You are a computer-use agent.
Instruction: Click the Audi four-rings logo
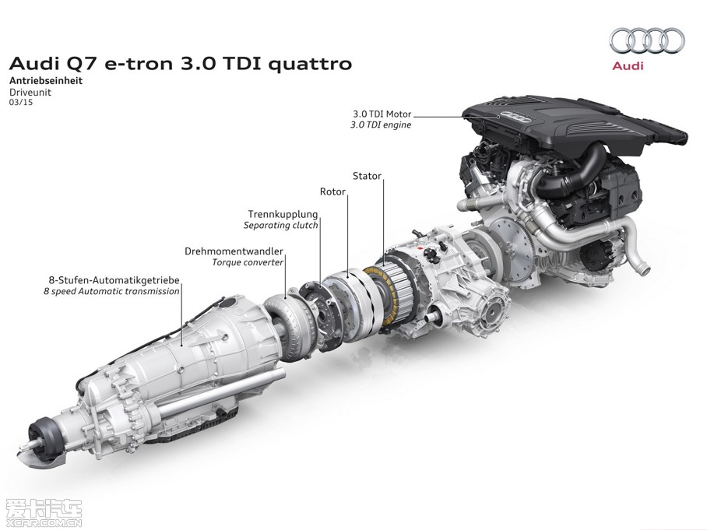(646, 40)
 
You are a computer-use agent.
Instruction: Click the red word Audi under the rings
(628, 66)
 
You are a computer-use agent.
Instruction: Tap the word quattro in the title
(310, 63)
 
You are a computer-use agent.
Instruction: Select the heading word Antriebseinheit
(46, 80)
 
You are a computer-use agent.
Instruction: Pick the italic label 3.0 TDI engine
(381, 124)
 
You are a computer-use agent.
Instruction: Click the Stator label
(367, 176)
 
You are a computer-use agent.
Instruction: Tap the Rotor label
(332, 191)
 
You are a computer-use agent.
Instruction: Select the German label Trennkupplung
(283, 213)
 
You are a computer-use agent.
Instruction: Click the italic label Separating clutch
(281, 225)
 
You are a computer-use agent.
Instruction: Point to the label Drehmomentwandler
(234, 251)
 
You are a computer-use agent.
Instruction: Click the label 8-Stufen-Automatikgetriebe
(112, 279)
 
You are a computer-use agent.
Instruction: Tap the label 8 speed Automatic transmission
(111, 291)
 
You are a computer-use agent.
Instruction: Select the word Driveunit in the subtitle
(29, 91)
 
